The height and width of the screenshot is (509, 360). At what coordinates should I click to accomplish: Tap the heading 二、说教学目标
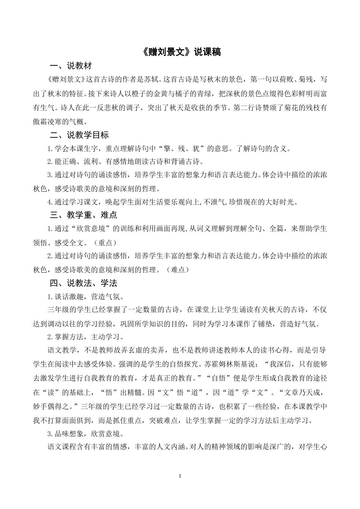pos(79,135)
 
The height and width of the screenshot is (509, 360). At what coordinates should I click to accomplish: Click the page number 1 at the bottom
pos(180,476)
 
